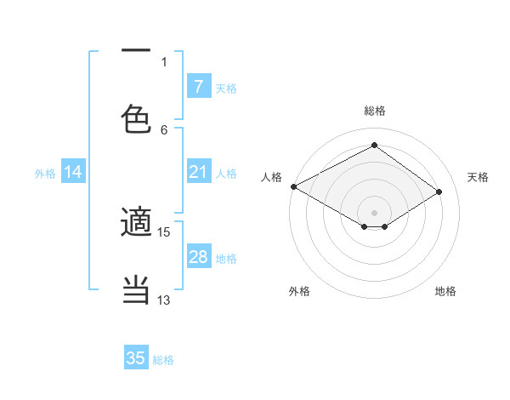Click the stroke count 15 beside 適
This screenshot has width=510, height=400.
coord(164,231)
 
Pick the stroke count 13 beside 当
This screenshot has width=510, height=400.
coord(164,300)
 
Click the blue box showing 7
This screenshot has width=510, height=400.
coord(198,87)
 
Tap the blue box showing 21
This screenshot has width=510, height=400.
coord(198,173)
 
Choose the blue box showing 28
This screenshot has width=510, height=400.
coord(198,257)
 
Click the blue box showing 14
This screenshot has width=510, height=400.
coord(72,173)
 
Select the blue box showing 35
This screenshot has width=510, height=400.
coord(136,358)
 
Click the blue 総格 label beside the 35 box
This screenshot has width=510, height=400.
coord(163,360)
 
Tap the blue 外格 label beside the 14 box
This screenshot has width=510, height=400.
coord(45,174)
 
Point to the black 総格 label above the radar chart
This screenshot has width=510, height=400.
coord(374,111)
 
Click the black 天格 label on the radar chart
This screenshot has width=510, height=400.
coord(478,177)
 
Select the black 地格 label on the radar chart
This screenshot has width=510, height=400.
coord(445,291)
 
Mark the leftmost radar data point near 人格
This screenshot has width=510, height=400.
coord(293,186)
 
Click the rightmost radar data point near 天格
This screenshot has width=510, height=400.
coord(439,192)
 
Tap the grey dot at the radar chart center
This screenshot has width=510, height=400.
coord(374,212)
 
